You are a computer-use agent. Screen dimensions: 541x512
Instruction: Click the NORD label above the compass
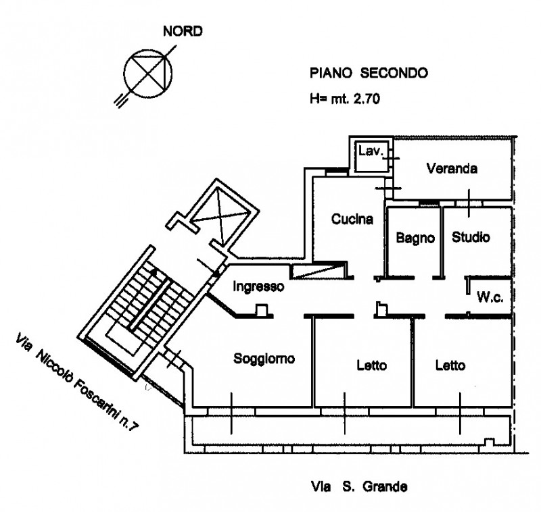click(183, 31)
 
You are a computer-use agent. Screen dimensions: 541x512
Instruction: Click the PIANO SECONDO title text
click(369, 73)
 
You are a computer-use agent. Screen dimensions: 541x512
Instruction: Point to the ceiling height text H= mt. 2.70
click(345, 99)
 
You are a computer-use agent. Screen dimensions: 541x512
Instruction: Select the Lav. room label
click(371, 151)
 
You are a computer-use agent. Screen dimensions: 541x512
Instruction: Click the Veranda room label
click(452, 168)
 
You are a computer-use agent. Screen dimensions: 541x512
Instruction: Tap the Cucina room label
click(352, 219)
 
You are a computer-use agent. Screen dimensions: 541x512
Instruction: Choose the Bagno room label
click(415, 238)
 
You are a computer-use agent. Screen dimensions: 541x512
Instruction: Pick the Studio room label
click(471, 237)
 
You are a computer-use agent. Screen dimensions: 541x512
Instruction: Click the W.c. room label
click(490, 297)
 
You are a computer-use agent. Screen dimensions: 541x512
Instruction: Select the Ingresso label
click(258, 286)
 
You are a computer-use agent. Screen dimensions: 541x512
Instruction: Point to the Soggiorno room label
click(264, 359)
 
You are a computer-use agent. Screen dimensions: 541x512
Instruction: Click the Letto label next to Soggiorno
click(371, 365)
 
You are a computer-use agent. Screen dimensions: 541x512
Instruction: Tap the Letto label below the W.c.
click(450, 365)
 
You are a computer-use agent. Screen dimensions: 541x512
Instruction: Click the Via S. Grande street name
click(359, 487)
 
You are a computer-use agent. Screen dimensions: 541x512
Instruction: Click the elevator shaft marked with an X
click(221, 216)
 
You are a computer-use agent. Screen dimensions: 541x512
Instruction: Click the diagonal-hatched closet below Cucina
click(317, 271)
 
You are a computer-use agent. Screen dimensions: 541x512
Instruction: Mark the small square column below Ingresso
click(262, 310)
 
